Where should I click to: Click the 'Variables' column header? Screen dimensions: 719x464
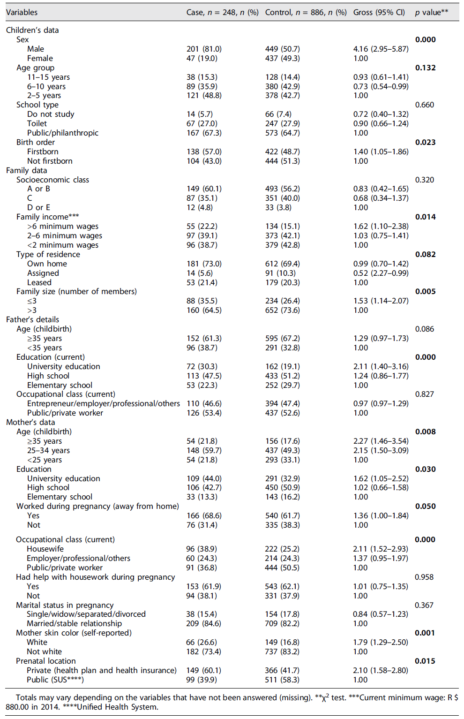pyautogui.click(x=22, y=12)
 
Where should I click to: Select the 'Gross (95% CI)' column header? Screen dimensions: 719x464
pyautogui.click(x=379, y=12)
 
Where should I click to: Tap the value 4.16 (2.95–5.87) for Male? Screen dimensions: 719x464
pyautogui.click(x=381, y=49)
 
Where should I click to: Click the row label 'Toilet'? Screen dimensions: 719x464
pyautogui.click(x=37, y=123)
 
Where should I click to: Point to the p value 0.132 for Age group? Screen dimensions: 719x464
pyautogui.click(x=425, y=68)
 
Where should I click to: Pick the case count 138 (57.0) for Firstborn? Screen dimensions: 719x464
pyautogui.click(x=204, y=151)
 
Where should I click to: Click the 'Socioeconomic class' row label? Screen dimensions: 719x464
pyautogui.click(x=52, y=180)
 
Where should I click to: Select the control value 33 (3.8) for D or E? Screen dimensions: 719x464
pyautogui.click(x=278, y=207)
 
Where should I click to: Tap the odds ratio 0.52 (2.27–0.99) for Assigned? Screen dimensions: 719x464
pyautogui.click(x=381, y=273)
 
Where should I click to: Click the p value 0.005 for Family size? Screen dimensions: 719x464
pyautogui.click(x=425, y=291)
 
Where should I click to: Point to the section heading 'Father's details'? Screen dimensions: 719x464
pyautogui.click(x=32, y=319)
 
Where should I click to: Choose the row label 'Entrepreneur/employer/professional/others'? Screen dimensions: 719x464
pyautogui.click(x=103, y=403)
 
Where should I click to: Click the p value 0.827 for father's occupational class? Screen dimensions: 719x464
pyautogui.click(x=424, y=394)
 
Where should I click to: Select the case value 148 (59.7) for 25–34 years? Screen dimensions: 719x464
pyautogui.click(x=204, y=450)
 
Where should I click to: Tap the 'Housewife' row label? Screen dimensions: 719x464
pyautogui.click(x=45, y=549)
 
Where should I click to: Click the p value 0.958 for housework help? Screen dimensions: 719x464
pyautogui.click(x=424, y=577)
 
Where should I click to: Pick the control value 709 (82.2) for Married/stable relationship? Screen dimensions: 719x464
pyautogui.click(x=282, y=623)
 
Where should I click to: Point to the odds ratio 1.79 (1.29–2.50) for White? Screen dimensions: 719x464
pyautogui.click(x=380, y=642)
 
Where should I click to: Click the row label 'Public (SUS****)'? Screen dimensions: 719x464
pyautogui.click(x=55, y=680)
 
